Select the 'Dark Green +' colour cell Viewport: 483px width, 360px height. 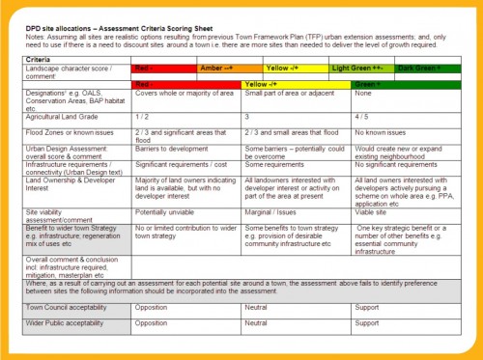(x=418, y=69)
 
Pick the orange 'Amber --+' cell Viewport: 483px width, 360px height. (x=214, y=69)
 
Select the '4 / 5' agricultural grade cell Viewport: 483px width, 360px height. (x=364, y=115)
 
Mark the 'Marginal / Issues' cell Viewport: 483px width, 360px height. (x=270, y=211)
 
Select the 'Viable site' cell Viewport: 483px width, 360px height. (x=372, y=211)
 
